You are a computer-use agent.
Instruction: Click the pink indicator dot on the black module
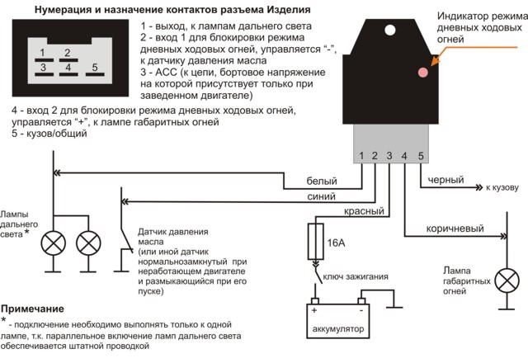(423, 73)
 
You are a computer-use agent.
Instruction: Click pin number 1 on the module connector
(361, 155)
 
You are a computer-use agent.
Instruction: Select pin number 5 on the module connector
(420, 155)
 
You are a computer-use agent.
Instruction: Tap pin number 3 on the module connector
(390, 155)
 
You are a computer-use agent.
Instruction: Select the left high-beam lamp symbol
(54, 243)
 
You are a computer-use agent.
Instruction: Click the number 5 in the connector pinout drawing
(95, 66)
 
